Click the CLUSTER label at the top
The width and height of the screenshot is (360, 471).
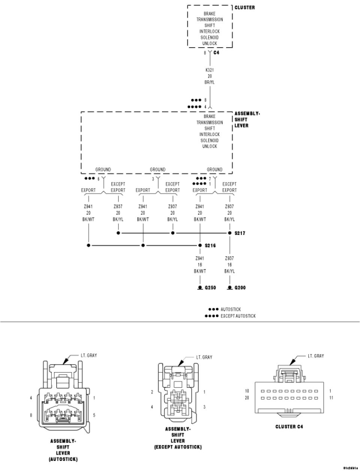[x=244, y=7]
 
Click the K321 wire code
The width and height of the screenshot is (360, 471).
[x=210, y=70]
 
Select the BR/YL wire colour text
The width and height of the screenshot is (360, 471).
[x=210, y=82]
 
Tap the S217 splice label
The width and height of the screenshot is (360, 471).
[x=240, y=233]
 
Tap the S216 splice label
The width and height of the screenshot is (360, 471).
[x=210, y=245]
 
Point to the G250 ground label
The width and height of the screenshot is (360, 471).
[x=210, y=288]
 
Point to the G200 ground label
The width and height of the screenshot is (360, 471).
[x=240, y=288]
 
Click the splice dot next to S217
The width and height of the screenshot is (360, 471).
[x=229, y=233]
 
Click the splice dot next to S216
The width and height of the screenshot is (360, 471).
[x=200, y=245]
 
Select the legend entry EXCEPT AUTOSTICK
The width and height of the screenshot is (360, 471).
[x=238, y=316]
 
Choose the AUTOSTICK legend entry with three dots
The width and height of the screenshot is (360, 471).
[x=231, y=310]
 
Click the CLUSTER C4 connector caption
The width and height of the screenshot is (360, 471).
[x=289, y=426]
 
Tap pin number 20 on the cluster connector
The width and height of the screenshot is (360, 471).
[x=246, y=398]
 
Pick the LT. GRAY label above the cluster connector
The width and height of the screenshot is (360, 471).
[x=316, y=356]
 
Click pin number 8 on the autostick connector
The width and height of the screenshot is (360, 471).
[x=31, y=415]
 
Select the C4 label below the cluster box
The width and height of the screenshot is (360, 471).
[x=216, y=53]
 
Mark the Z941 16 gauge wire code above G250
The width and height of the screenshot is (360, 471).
[x=200, y=258]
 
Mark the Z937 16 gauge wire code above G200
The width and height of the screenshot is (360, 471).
[x=229, y=258]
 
